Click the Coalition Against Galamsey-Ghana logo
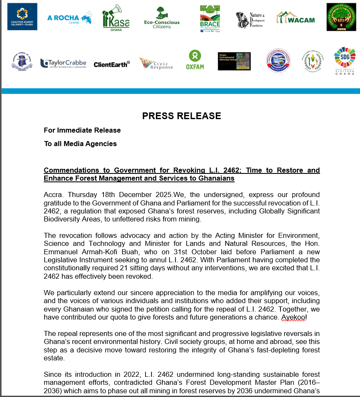[22, 16]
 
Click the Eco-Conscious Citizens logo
[161, 18]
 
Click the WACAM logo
[295, 17]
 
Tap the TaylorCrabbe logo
[63, 63]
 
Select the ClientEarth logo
[111, 64]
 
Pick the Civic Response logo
[156, 64]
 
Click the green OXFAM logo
[195, 60]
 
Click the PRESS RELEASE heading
[181, 116]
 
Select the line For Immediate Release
[82, 130]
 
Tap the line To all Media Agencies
[80, 144]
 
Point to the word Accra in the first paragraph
[53, 195]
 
